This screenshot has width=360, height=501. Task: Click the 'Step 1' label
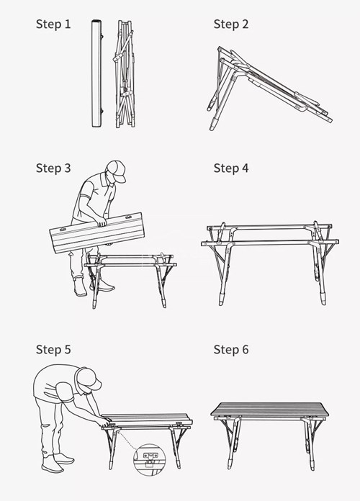(x=53, y=24)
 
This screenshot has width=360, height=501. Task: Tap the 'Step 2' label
(x=231, y=24)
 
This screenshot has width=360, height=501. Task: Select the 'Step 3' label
(x=53, y=168)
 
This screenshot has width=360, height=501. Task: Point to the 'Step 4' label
(x=231, y=168)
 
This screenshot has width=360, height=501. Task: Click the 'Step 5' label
(x=53, y=350)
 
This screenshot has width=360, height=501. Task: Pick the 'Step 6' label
(x=231, y=350)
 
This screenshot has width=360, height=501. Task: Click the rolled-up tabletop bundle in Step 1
(x=95, y=75)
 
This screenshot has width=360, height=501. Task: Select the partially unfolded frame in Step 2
(x=266, y=83)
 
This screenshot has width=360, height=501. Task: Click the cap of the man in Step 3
(x=116, y=170)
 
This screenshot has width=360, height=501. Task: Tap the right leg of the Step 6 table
(x=312, y=443)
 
